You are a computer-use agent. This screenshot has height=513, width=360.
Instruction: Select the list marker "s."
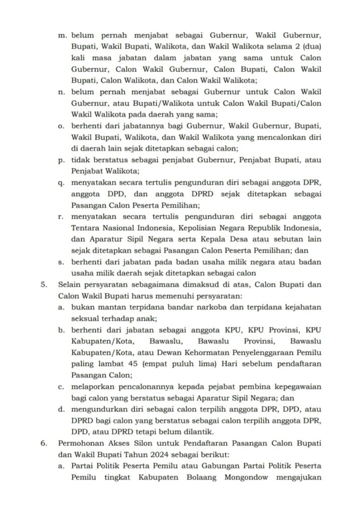tap(61, 262)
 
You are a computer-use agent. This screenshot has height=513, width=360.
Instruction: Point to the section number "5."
tap(44, 285)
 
